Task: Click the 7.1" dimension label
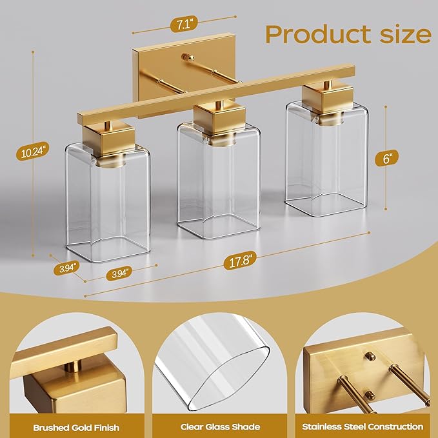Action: point(178,26)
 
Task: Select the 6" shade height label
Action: point(386,157)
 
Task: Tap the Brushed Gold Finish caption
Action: point(67,427)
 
